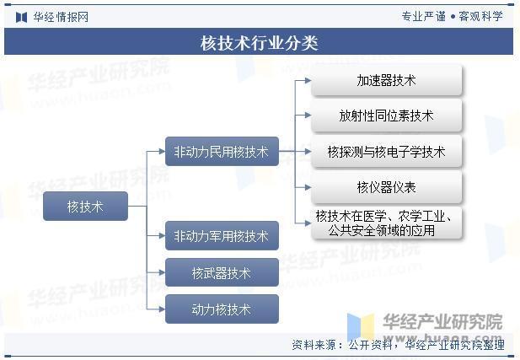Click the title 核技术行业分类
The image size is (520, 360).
[x=260, y=42]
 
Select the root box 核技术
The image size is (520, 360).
[x=85, y=206]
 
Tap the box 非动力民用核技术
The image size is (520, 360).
[x=221, y=152]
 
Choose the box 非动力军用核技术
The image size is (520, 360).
[x=221, y=236]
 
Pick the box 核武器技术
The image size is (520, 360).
[x=221, y=273]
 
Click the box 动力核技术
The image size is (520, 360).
[x=221, y=309]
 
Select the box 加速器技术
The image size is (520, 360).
[x=386, y=80]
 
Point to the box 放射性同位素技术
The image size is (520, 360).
[x=386, y=116]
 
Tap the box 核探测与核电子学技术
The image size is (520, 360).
[x=386, y=152]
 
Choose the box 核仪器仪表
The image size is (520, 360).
[x=386, y=187]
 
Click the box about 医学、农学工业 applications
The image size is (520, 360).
[x=386, y=223]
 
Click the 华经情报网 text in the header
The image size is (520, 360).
[x=61, y=16]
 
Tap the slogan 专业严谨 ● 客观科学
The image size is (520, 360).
[x=452, y=16]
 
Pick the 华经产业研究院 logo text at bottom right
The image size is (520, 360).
[x=442, y=321]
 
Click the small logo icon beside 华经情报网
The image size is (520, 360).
[x=21, y=16]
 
